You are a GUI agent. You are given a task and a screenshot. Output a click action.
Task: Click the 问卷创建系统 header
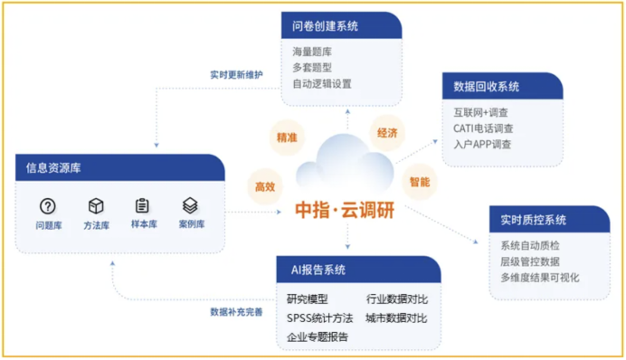pos(326,25)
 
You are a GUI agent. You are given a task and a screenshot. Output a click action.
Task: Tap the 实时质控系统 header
pos(534,220)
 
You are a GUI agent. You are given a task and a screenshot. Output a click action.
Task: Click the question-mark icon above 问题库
pos(48,206)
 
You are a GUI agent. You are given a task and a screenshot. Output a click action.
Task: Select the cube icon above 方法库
pos(96,206)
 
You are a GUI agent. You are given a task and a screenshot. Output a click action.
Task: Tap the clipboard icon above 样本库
pos(142,206)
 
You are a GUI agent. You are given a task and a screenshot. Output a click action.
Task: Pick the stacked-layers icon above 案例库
pos(190,206)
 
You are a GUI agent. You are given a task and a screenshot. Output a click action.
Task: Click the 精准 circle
pos(286,138)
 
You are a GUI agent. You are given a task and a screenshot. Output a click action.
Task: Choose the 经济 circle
pos(387,133)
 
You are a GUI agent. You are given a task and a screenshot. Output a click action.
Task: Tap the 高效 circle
pos(264,186)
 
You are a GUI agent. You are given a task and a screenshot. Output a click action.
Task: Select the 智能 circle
pos(419,181)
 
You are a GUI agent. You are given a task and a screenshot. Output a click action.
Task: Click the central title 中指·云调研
pos(345,211)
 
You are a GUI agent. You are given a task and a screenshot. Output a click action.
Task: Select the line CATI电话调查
pos(484,128)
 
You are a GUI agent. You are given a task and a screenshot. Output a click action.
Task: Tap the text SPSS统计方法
pos(319,317)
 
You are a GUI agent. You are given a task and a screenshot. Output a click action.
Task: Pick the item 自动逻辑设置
pos(322,83)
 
